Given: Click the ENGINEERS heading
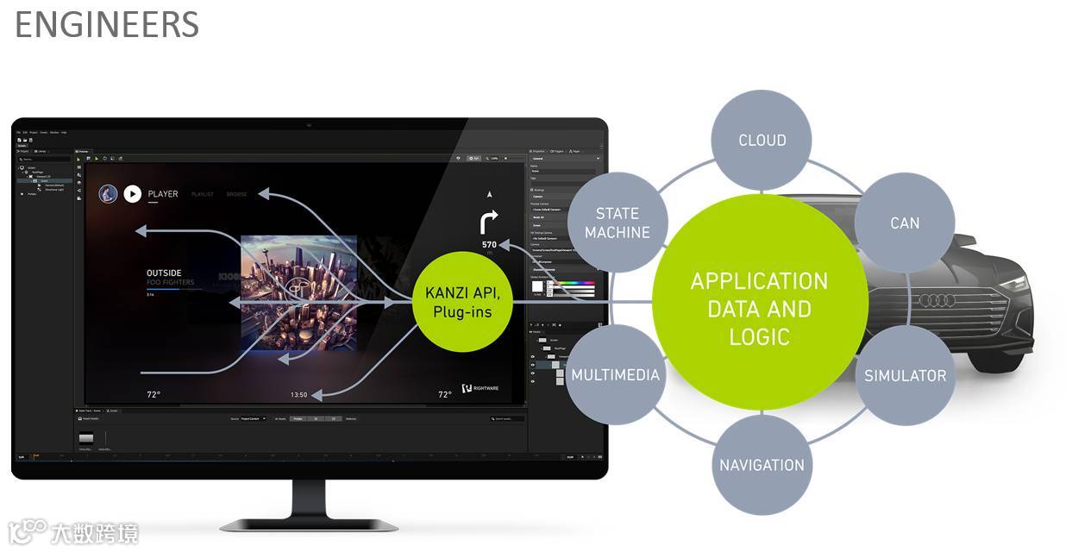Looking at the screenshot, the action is (x=107, y=24).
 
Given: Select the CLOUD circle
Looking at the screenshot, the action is (x=762, y=140).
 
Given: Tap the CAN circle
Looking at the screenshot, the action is (x=905, y=223).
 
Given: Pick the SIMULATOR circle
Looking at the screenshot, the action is (x=905, y=375).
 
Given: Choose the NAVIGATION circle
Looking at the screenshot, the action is (x=762, y=465).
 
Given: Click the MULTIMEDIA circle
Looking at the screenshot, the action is (x=615, y=375).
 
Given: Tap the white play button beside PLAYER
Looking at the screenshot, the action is (x=132, y=194).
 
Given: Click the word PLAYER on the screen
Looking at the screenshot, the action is (x=163, y=194).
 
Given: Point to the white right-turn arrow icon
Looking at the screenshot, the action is (x=489, y=223).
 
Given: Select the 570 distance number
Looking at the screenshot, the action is (x=489, y=245).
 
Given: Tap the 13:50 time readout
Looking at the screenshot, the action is (x=298, y=395).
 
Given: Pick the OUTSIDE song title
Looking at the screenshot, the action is (x=164, y=273).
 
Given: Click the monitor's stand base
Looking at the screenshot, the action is (x=309, y=523).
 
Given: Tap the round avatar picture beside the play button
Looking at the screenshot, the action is (x=108, y=194).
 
